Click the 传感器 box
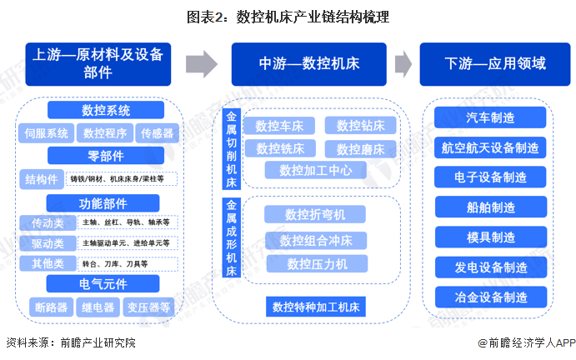(x=157, y=133)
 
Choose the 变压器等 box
(x=149, y=307)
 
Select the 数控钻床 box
(x=360, y=126)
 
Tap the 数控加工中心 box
(x=310, y=170)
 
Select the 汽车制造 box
(x=490, y=117)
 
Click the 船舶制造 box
(x=490, y=207)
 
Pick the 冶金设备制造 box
(x=490, y=297)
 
